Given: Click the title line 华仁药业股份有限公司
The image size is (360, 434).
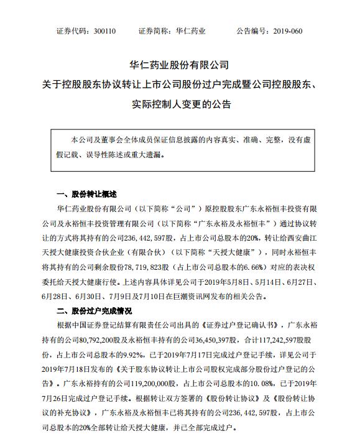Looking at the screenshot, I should point(180,65).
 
